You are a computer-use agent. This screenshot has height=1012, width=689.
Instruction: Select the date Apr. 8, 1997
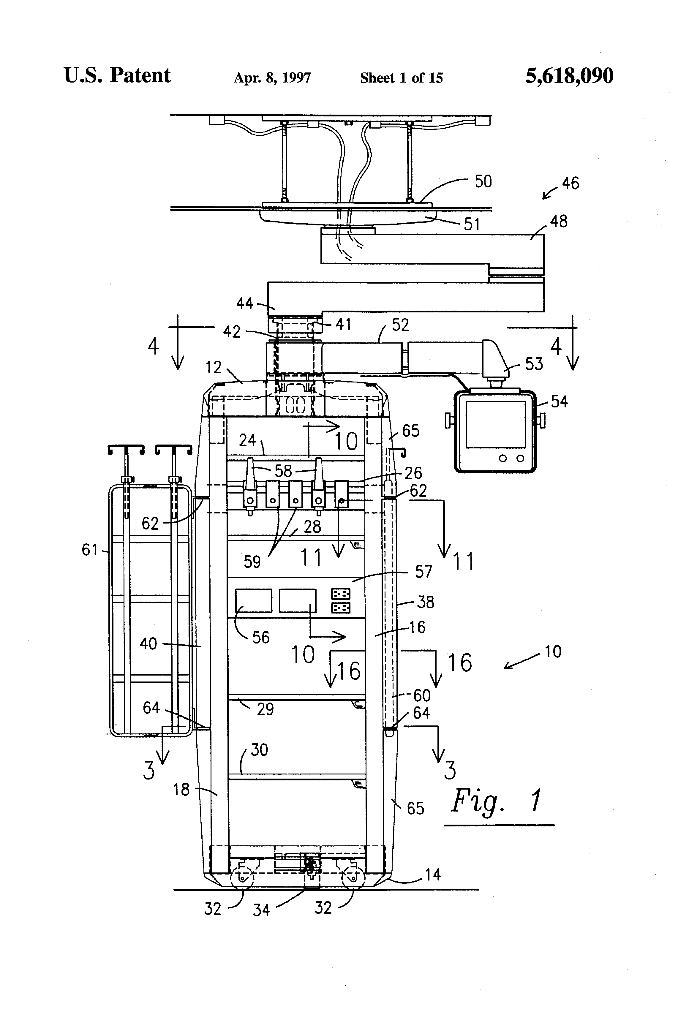pyautogui.click(x=272, y=78)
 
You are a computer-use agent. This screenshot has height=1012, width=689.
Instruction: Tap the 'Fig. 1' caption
pyautogui.click(x=497, y=800)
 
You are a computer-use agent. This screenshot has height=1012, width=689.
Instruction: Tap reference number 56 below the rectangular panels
pyautogui.click(x=261, y=638)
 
